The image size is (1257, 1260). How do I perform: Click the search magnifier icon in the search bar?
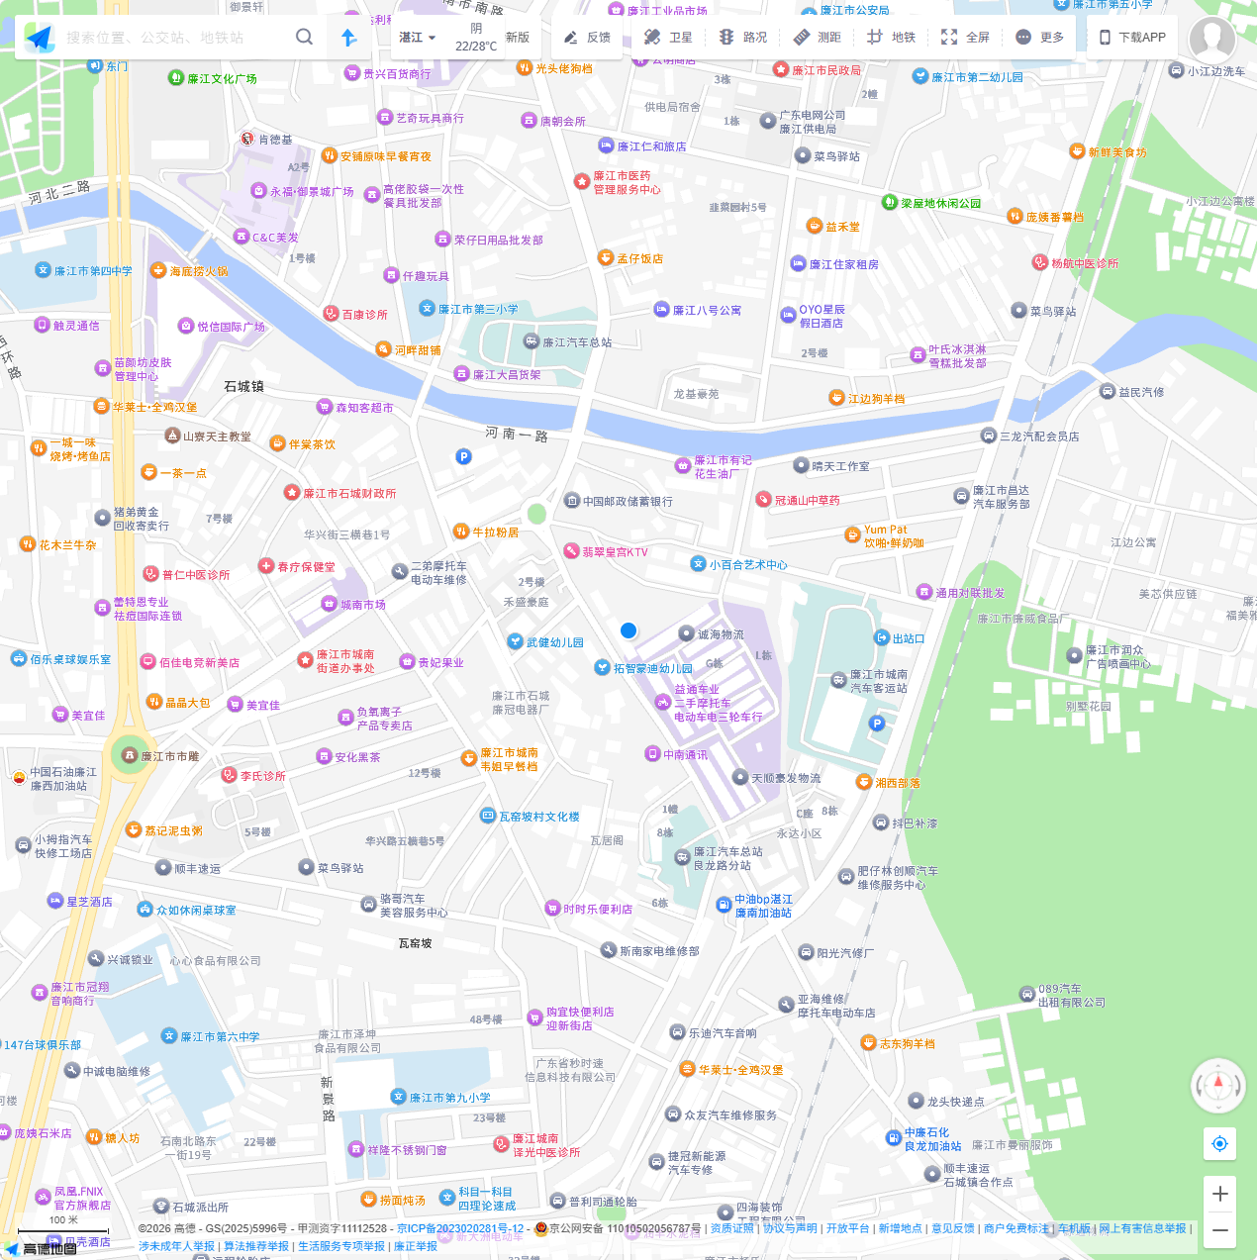(304, 37)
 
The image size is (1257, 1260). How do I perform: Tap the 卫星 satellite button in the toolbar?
(668, 37)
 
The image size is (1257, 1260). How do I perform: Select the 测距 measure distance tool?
(817, 37)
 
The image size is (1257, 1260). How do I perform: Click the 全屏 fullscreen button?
(964, 37)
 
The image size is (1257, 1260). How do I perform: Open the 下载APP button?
(1132, 37)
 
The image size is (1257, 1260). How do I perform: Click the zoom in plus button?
(1219, 1194)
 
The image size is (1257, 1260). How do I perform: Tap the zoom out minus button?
(1219, 1230)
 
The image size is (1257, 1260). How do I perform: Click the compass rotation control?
(1217, 1086)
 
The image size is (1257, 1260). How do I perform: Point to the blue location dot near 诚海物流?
(628, 630)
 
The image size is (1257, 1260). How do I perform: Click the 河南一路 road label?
(517, 434)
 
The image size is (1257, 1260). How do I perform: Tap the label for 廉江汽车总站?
(576, 342)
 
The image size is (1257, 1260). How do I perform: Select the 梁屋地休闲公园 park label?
(939, 203)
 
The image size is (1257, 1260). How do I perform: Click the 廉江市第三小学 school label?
(477, 309)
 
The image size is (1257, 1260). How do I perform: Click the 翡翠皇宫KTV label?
(614, 552)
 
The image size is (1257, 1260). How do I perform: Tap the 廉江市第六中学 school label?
(219, 1036)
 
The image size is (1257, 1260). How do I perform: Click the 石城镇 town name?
(243, 386)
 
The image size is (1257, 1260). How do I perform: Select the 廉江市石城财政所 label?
(348, 493)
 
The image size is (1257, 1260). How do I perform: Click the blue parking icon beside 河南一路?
(463, 456)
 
